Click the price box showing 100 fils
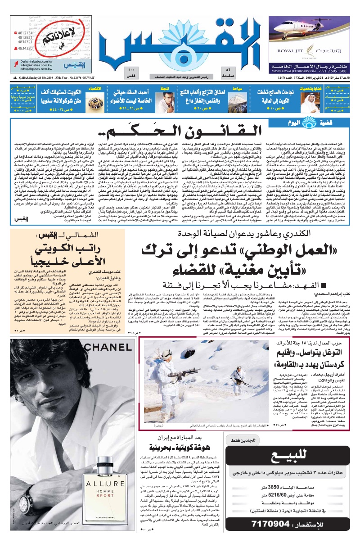tap(131, 72)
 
